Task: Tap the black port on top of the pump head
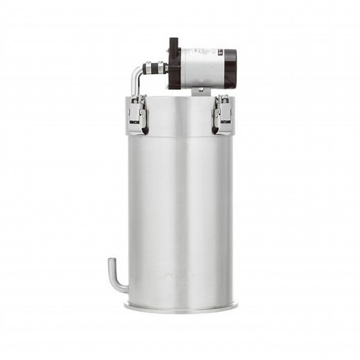coord(174,42)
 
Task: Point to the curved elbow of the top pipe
coord(137,71)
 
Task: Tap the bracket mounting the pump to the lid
coord(200,90)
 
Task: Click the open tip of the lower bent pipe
coord(110,260)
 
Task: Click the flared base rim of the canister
coord(181,306)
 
